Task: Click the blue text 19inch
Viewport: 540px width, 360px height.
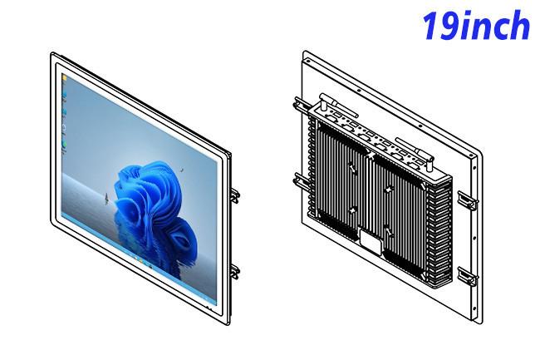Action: (x=476, y=26)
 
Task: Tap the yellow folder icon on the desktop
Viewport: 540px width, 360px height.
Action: (x=65, y=79)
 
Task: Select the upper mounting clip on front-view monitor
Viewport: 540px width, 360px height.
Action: (x=235, y=195)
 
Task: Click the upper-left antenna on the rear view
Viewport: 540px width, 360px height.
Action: (x=338, y=105)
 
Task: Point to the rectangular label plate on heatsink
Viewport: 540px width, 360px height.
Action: (x=371, y=241)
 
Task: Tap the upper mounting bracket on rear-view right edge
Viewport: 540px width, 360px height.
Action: (x=468, y=200)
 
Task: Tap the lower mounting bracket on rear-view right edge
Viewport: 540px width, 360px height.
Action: (x=468, y=276)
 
